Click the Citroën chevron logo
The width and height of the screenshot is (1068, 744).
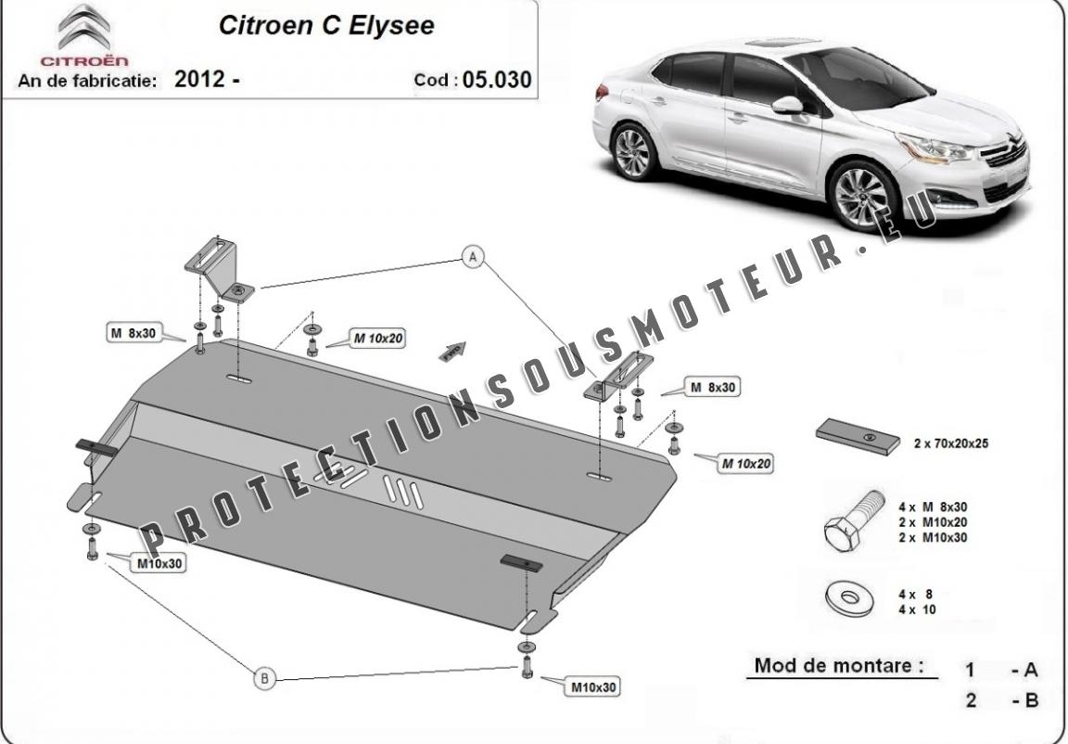pyautogui.click(x=83, y=28)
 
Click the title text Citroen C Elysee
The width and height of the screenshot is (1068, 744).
pyautogui.click(x=326, y=25)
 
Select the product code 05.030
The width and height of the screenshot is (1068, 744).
pyautogui.click(x=497, y=80)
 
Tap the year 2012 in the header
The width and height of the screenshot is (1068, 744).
pyautogui.click(x=199, y=79)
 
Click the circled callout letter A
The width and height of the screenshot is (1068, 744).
pyautogui.click(x=473, y=257)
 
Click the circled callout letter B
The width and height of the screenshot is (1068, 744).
pyautogui.click(x=264, y=678)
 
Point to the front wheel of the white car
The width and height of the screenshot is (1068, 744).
pyautogui.click(x=862, y=197)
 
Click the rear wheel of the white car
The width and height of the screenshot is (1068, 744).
pyautogui.click(x=632, y=152)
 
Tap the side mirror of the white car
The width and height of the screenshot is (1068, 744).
pyautogui.click(x=788, y=106)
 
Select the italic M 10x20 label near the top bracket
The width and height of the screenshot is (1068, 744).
pyautogui.click(x=377, y=338)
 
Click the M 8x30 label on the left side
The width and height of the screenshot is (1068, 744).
pyautogui.click(x=133, y=333)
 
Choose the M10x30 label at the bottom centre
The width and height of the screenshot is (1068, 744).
pyautogui.click(x=593, y=687)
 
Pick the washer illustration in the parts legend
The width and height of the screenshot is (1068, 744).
pyautogui.click(x=848, y=599)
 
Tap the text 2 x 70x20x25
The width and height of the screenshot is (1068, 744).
pyautogui.click(x=951, y=443)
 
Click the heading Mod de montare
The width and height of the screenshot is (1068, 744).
pyautogui.click(x=839, y=665)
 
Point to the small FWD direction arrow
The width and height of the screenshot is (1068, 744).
pyautogui.click(x=453, y=351)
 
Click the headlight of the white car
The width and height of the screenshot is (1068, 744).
pyautogui.click(x=934, y=148)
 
